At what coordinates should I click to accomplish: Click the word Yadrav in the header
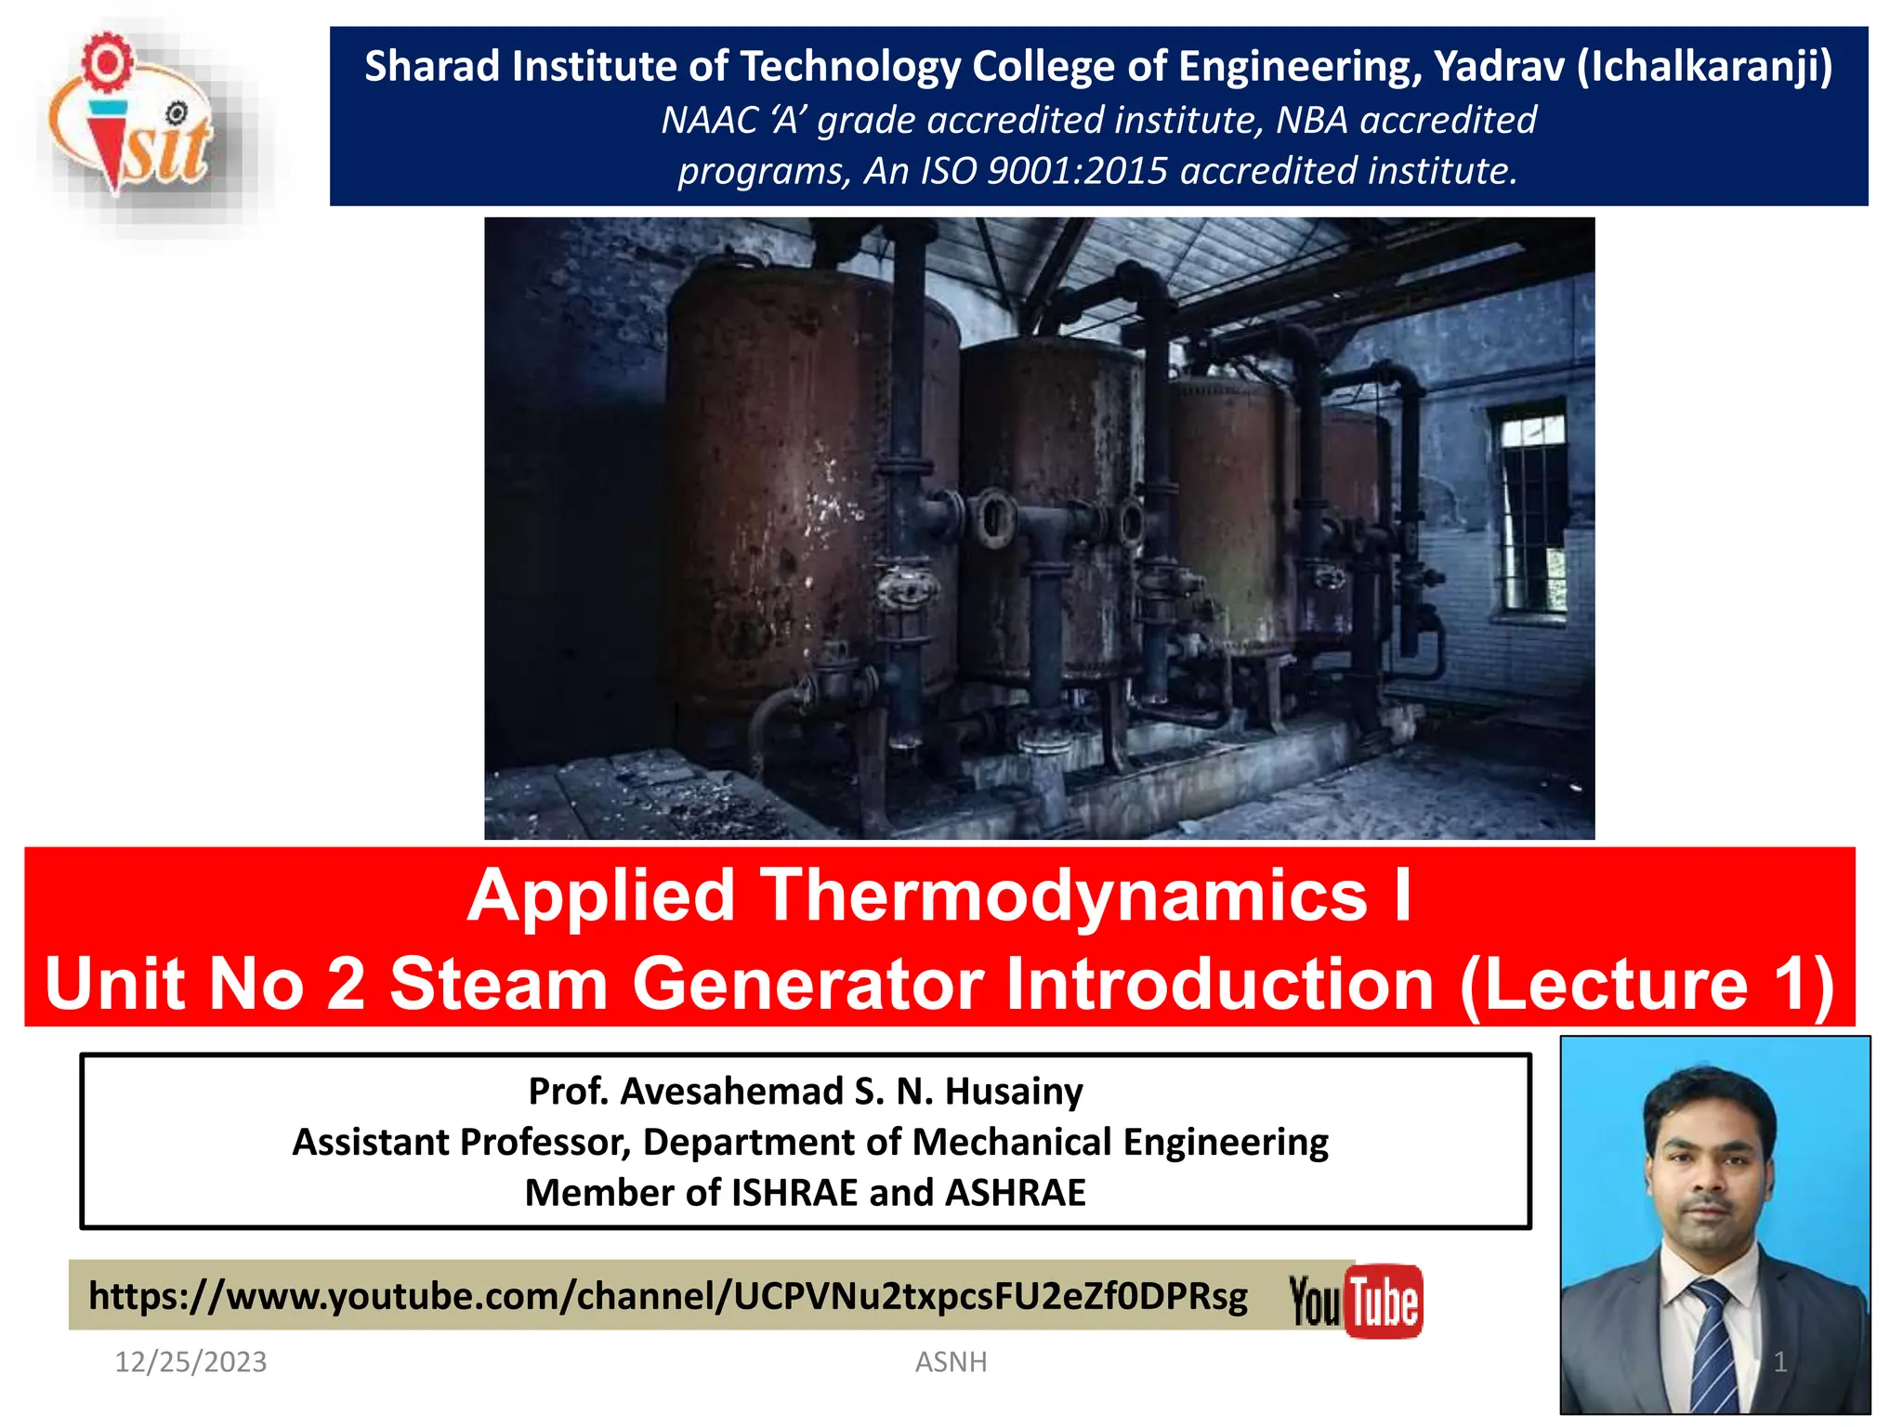point(1499,67)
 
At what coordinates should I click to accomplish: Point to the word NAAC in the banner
point(708,121)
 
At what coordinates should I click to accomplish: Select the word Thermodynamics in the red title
point(1064,896)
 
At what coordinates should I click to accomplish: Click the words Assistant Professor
point(461,1143)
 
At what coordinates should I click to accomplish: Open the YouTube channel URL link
point(667,1296)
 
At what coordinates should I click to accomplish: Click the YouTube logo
point(1356,1302)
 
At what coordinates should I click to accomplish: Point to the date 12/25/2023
point(190,1362)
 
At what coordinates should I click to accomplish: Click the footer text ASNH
point(951,1362)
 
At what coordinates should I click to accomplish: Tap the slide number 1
point(1779,1362)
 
